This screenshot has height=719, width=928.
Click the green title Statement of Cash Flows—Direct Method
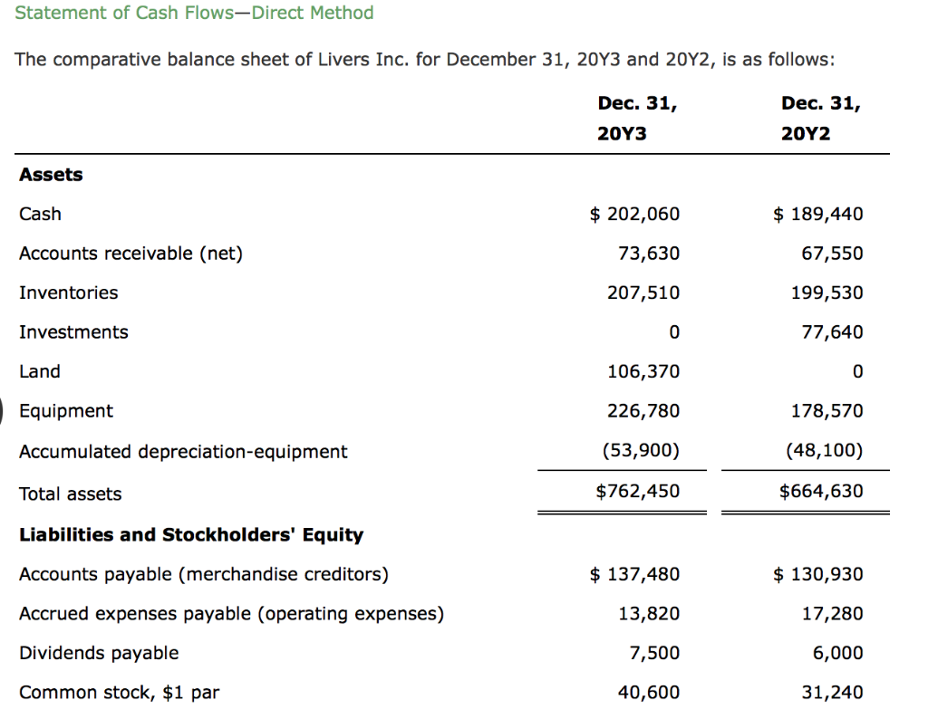click(194, 13)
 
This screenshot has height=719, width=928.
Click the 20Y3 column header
click(637, 119)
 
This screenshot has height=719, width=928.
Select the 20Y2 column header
click(820, 119)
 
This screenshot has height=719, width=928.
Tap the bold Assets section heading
click(51, 175)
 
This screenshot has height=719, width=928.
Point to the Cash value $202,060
click(634, 214)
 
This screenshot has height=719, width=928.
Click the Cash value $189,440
click(818, 214)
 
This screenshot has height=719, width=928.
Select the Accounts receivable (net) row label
click(130, 254)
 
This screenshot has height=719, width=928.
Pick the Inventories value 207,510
click(643, 292)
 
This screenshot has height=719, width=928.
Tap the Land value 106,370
click(643, 371)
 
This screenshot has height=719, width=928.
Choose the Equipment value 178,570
click(826, 411)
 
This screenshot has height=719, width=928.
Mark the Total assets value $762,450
click(637, 491)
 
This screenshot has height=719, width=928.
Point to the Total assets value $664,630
click(821, 491)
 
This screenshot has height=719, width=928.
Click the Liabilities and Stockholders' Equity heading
click(191, 534)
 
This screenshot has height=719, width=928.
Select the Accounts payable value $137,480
click(634, 574)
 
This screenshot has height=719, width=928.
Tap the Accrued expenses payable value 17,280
click(832, 614)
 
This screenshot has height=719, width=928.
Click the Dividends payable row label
click(99, 654)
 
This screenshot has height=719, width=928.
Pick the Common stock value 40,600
click(649, 693)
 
